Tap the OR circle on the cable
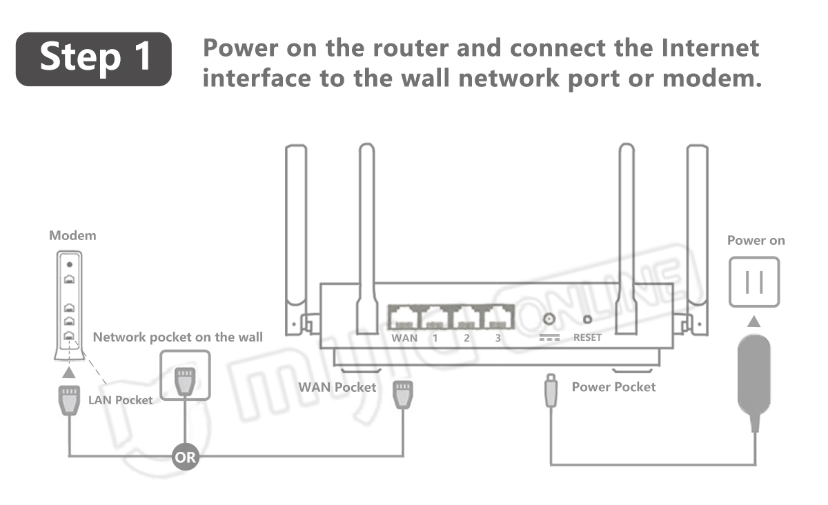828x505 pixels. pyautogui.click(x=185, y=457)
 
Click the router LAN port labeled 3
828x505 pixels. pyautogui.click(x=497, y=318)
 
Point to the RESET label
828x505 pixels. pyautogui.click(x=587, y=337)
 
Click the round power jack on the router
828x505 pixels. pyautogui.click(x=550, y=319)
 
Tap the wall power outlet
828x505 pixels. pyautogui.click(x=754, y=281)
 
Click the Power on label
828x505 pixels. pyautogui.click(x=756, y=241)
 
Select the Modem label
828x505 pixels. pyautogui.click(x=72, y=235)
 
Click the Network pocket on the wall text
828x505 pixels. pyautogui.click(x=177, y=337)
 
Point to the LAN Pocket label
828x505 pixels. pyautogui.click(x=120, y=400)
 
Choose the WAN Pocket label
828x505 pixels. pyautogui.click(x=337, y=387)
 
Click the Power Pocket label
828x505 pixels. pyautogui.click(x=613, y=387)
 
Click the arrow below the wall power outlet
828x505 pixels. pyautogui.click(x=754, y=321)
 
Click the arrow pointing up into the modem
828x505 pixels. pyautogui.click(x=69, y=373)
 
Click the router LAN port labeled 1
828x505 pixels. pyautogui.click(x=435, y=318)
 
